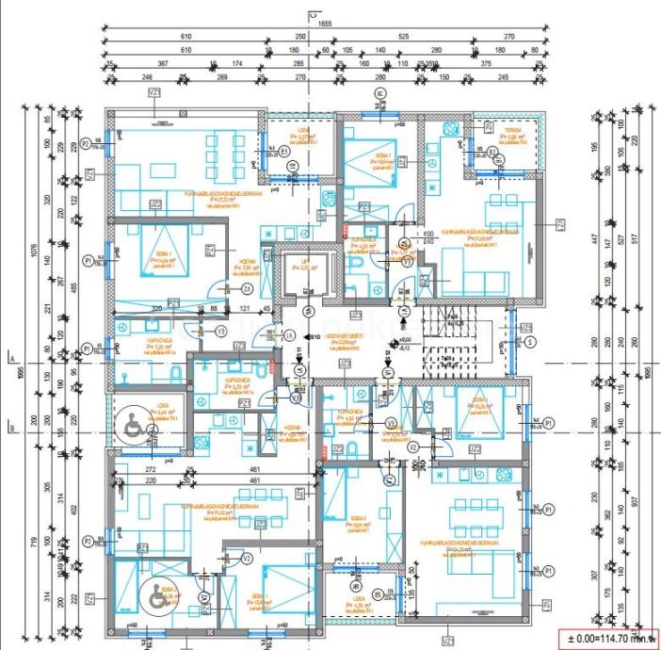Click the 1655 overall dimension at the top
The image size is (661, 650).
pyautogui.click(x=325, y=23)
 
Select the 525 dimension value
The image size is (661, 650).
pyautogui.click(x=403, y=36)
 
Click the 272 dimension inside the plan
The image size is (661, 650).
pyautogui.click(x=149, y=468)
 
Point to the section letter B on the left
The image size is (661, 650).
pyautogui.click(x=8, y=426)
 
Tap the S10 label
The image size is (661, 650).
pyautogui.click(x=314, y=336)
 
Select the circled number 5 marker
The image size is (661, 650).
pyautogui.click(x=530, y=341)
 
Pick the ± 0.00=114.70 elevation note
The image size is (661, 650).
pyautogui.click(x=605, y=638)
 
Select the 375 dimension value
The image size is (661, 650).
pyautogui.click(x=486, y=64)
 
